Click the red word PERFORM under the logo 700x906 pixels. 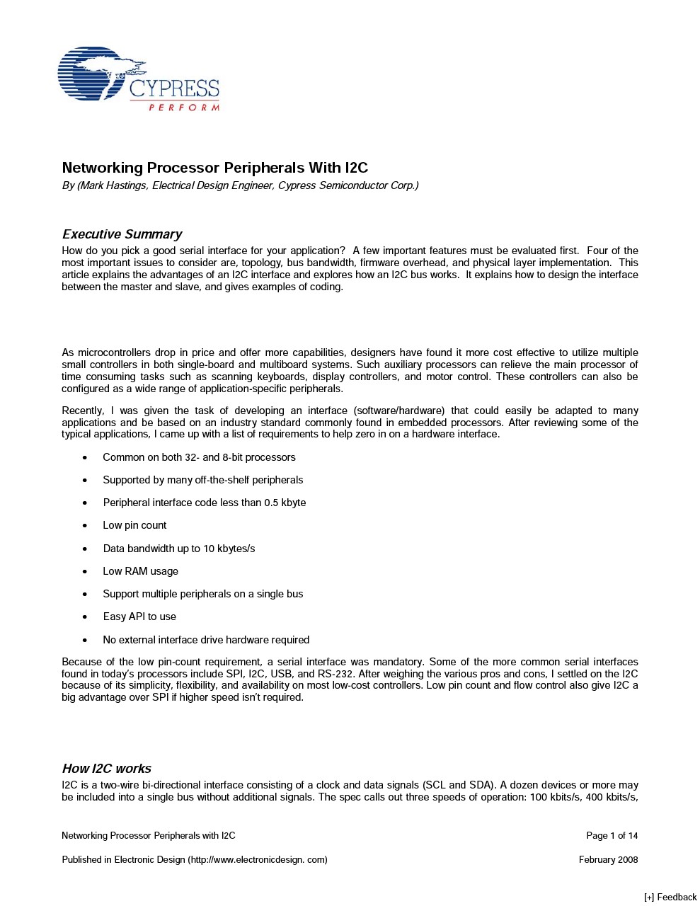pos(184,108)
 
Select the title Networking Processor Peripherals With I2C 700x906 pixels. pos(214,168)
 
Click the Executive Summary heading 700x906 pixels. pos(122,234)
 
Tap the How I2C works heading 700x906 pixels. pos(106,769)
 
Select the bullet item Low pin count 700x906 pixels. pos(134,525)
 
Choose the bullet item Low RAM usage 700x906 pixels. pos(140,571)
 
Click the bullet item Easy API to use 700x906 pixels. pos(139,617)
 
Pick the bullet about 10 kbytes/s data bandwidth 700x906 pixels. pos(178,549)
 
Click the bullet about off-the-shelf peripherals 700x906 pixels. pos(202,480)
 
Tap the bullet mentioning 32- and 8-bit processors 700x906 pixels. pos(199,457)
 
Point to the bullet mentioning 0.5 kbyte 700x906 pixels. pos(204,503)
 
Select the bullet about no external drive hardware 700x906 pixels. pos(206,640)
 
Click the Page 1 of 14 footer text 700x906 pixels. pos(612,836)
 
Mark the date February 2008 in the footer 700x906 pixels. pos(608,860)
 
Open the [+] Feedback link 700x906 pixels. pos(670,898)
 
